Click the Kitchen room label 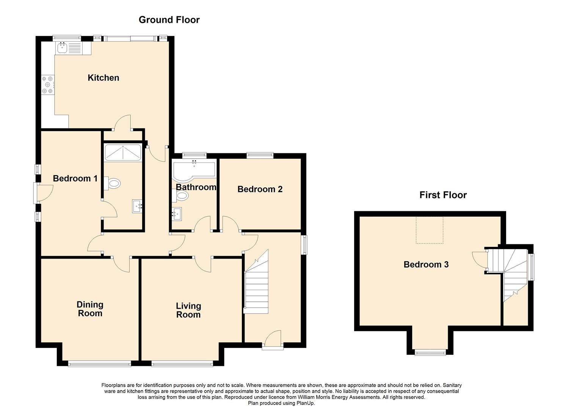pyautogui.click(x=103, y=78)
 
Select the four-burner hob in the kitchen pyautogui.click(x=48, y=85)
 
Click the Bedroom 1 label pyautogui.click(x=75, y=178)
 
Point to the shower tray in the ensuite pyautogui.click(x=122, y=152)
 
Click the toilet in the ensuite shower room pyautogui.click(x=112, y=184)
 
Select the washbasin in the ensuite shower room pyautogui.click(x=137, y=206)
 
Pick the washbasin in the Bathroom pyautogui.click(x=177, y=214)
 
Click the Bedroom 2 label pyautogui.click(x=260, y=189)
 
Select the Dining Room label pyautogui.click(x=90, y=309)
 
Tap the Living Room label pyautogui.click(x=188, y=310)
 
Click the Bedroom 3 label pyautogui.click(x=426, y=264)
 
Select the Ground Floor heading pyautogui.click(x=169, y=20)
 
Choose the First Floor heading pyautogui.click(x=443, y=195)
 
